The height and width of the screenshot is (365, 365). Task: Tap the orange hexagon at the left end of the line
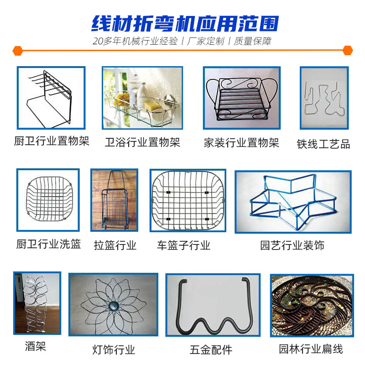point(17,50)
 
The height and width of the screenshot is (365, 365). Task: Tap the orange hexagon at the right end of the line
point(348,50)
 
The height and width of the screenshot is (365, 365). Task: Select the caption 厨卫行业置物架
point(52,141)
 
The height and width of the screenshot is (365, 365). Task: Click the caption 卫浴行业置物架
point(142,142)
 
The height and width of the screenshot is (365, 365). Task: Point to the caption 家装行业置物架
point(241,142)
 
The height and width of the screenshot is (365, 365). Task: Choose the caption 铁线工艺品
point(323,144)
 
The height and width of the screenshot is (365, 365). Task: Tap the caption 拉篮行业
point(115,245)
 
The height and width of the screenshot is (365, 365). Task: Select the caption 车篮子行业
point(183,245)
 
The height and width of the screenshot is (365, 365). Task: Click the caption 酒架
point(36,346)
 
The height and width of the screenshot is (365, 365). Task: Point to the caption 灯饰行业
point(114,350)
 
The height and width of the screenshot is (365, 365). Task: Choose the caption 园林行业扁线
point(311,349)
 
